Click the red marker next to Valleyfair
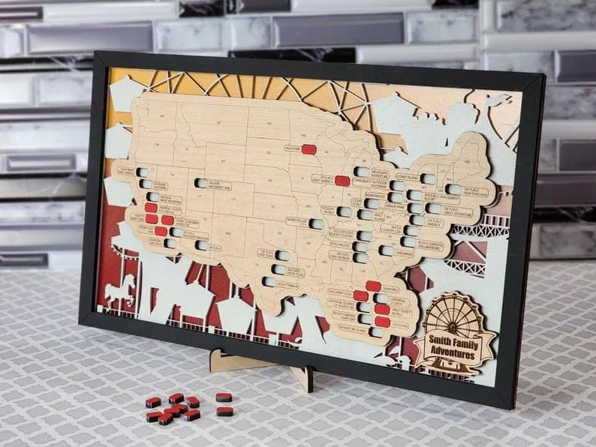pyautogui.click(x=309, y=149)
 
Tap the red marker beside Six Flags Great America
pyautogui.click(x=342, y=181)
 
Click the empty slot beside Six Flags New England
pyautogui.click(x=454, y=190)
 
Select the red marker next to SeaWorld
pyautogui.click(x=372, y=286)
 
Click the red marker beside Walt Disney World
pyautogui.click(x=382, y=309)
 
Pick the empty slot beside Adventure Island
pyautogui.click(x=376, y=332)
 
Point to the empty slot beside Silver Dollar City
pyautogui.click(x=317, y=223)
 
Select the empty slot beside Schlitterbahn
pyautogui.click(x=269, y=282)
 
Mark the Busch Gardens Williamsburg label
pyautogui.click(x=431, y=245)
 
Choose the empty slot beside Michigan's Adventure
pyautogui.click(x=363, y=172)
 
